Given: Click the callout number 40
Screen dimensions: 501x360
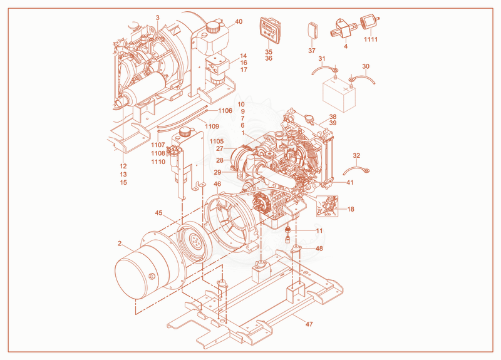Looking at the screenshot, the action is tap(239, 22).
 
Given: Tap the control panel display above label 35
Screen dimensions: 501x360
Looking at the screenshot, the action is tap(270, 30).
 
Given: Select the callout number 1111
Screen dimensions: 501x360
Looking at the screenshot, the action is tap(371, 39).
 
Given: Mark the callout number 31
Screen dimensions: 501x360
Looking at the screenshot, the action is tap(322, 59).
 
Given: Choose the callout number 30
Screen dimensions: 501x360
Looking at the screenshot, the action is tap(366, 66).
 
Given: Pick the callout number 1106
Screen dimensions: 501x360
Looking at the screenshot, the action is tap(225, 111).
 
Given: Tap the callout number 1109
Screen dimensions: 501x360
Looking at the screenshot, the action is tap(212, 126).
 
